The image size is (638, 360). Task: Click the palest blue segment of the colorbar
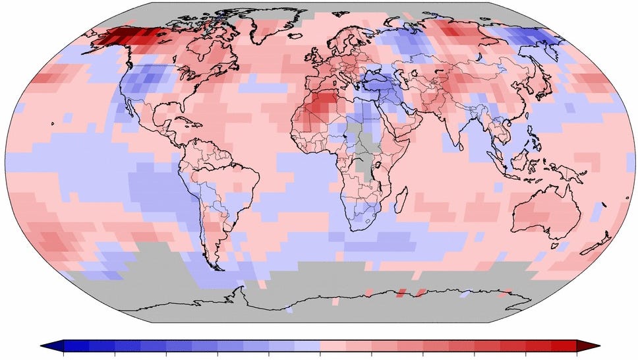point(306,345)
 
